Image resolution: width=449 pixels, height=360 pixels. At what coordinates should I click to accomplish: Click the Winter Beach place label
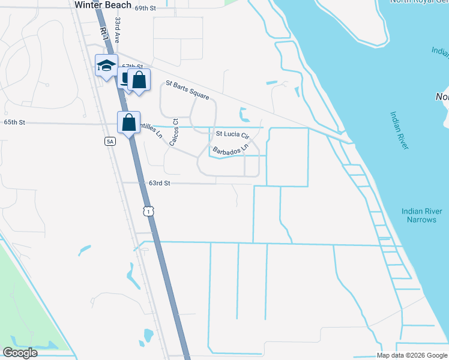[103, 5]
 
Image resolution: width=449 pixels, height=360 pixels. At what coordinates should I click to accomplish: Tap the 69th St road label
[145, 8]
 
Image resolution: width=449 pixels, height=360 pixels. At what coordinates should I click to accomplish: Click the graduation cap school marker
[106, 65]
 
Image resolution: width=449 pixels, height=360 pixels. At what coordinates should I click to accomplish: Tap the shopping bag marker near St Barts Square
[139, 80]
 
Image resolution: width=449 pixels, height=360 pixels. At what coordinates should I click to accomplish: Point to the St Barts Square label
[187, 91]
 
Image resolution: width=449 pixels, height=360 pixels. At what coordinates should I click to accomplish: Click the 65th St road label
[14, 122]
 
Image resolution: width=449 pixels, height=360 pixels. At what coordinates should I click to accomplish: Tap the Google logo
[20, 353]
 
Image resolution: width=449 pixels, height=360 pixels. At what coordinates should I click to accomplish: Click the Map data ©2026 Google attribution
[412, 355]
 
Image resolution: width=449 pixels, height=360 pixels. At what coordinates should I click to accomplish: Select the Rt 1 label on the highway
[104, 34]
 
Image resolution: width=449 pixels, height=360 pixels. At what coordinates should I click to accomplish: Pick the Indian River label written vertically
[400, 130]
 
